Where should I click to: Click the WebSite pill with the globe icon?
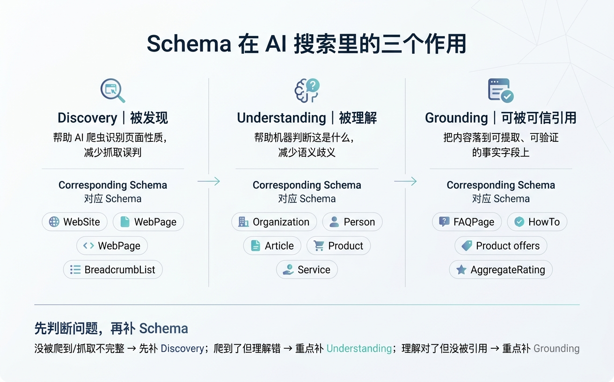[x=74, y=222]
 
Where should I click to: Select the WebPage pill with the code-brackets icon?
[x=112, y=246]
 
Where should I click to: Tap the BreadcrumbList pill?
[x=113, y=270]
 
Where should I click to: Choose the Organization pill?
[x=274, y=222]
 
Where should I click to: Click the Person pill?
[x=352, y=222]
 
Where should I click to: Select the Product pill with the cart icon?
[x=338, y=246]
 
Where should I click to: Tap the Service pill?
[x=307, y=270]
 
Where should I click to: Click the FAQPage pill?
[x=467, y=222]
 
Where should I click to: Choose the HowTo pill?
[x=537, y=222]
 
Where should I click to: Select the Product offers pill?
[x=501, y=246]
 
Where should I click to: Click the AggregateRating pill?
[x=501, y=270]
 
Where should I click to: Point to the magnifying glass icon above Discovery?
[x=113, y=90]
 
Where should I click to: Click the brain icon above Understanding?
[x=307, y=90]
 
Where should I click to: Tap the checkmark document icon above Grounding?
[x=500, y=90]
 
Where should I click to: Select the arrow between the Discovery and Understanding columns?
[x=209, y=181]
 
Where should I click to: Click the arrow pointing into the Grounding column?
[x=405, y=181]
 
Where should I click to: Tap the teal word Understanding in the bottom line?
[x=359, y=348]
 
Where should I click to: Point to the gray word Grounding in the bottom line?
[x=556, y=348]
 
